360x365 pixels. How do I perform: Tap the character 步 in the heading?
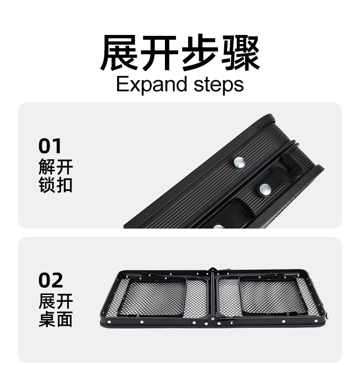pos(200,53)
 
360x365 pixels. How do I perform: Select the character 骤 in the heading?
pos(240,53)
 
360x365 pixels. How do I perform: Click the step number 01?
pos(50,146)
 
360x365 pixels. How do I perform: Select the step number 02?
pos(51,280)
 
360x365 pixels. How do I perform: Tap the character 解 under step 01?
pos(47,167)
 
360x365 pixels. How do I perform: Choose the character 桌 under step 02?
pos(47,319)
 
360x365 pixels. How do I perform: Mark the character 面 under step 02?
pos(64,319)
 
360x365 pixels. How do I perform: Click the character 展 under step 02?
pos(47,301)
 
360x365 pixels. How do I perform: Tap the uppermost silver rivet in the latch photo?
pos(240,162)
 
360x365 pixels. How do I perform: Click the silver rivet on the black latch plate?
pos(265,189)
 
